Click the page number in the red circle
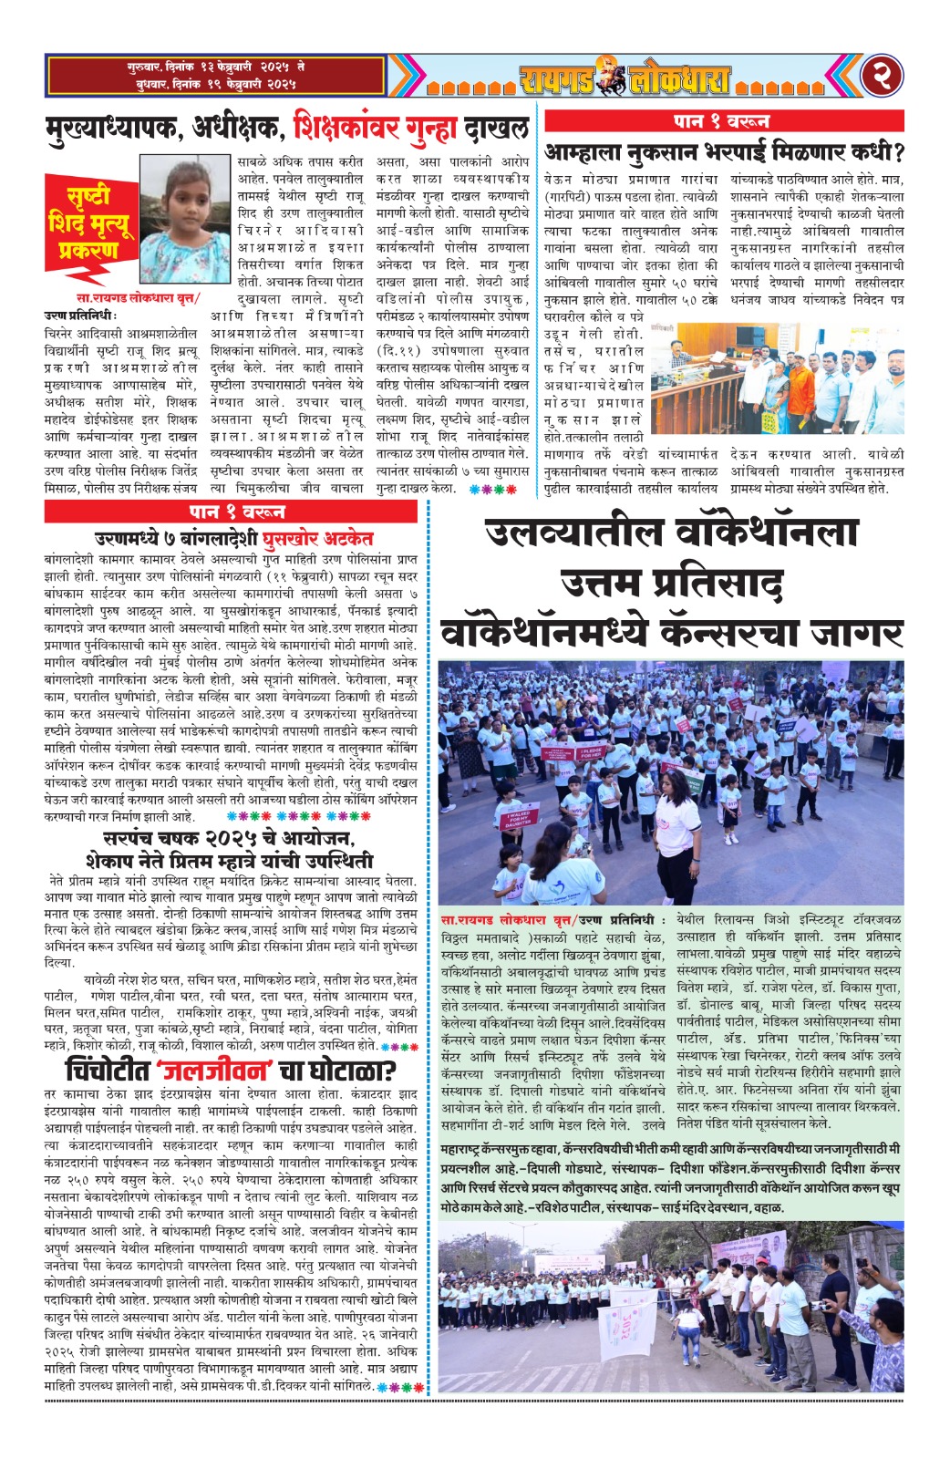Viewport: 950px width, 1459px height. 883,77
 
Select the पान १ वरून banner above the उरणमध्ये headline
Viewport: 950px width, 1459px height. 232,511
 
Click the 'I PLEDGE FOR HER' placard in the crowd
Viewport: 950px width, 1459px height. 556,756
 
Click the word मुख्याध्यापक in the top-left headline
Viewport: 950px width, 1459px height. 115,128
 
